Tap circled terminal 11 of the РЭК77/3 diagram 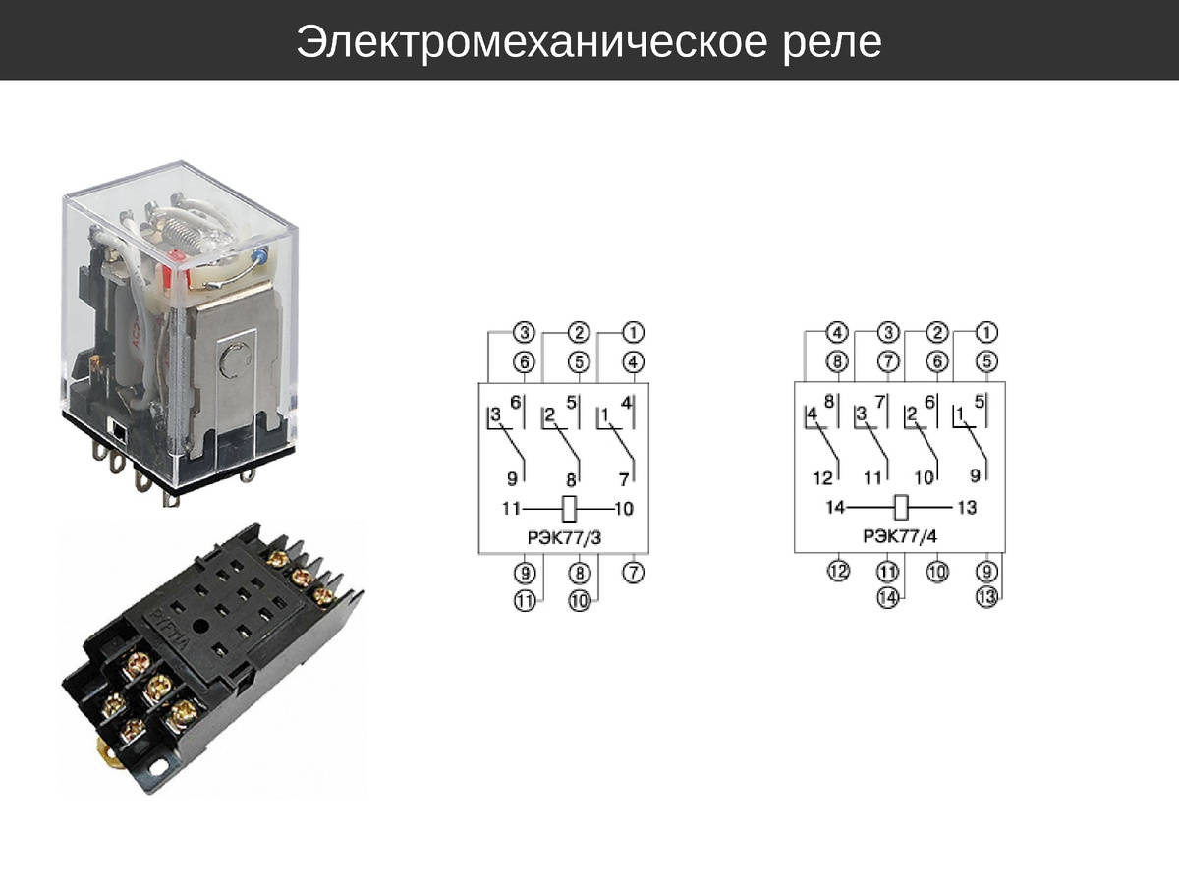[x=525, y=600]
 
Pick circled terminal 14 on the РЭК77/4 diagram [x=889, y=596]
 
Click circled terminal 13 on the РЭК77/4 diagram [x=987, y=596]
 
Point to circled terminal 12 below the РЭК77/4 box [x=837, y=571]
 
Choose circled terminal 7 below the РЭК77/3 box [x=635, y=571]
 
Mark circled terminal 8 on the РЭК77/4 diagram [x=837, y=361]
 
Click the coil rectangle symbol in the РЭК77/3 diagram [x=567, y=509]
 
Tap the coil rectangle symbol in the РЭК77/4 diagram [x=903, y=509]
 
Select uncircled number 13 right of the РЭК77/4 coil [x=967, y=508]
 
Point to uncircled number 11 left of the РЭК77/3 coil [x=510, y=509]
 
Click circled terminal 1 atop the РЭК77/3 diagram [x=635, y=333]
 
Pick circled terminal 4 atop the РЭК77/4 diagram [x=837, y=333]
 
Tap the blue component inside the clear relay [x=259, y=257]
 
